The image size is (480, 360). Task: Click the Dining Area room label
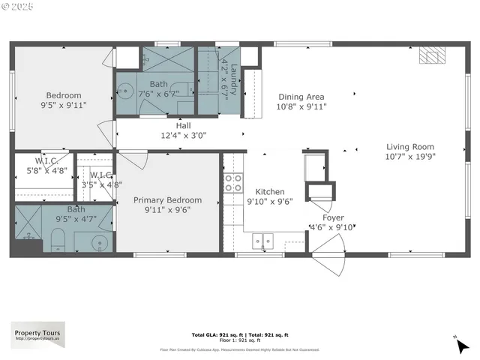click(x=301, y=97)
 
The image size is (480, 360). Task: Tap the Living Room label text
click(x=410, y=147)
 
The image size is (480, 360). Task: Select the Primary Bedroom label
click(x=167, y=200)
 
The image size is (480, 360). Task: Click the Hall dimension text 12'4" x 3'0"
click(x=183, y=136)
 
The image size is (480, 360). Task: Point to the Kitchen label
click(x=269, y=191)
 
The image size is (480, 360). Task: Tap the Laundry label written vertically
click(x=233, y=80)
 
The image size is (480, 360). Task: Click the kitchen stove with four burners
click(x=233, y=182)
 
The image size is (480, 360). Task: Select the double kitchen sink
click(x=262, y=241)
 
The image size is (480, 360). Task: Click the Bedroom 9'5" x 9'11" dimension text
click(x=64, y=106)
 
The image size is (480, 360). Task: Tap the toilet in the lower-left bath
click(x=58, y=240)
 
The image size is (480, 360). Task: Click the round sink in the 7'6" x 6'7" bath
click(x=125, y=94)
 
